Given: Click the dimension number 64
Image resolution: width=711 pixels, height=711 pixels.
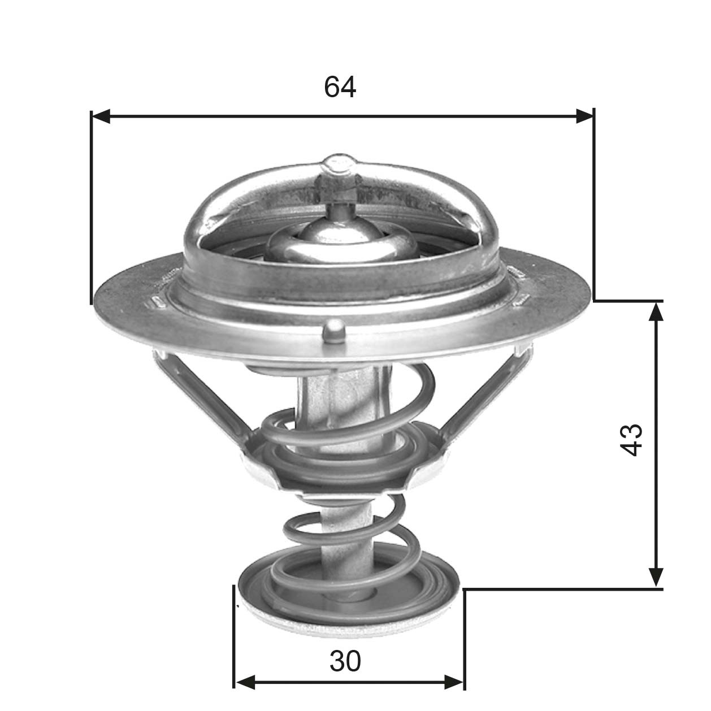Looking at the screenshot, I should (x=340, y=87).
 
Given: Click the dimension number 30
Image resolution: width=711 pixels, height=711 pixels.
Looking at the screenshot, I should (x=345, y=661).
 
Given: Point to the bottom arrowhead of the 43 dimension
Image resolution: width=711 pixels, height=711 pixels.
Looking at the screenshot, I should (x=656, y=577).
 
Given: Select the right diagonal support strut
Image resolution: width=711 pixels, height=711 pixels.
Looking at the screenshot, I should (x=486, y=396).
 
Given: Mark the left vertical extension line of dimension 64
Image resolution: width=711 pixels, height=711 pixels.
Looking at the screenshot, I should (x=91, y=209).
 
